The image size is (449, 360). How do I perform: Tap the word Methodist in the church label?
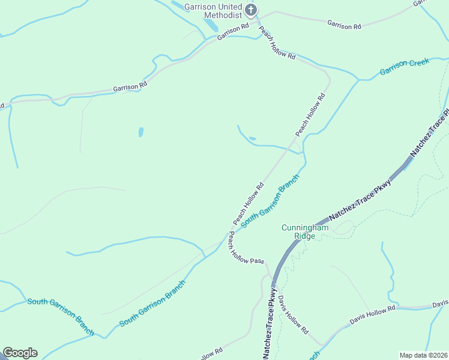coord(223,15)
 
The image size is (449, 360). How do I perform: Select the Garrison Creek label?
coord(405,67)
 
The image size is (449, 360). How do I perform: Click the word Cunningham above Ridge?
coord(306,228)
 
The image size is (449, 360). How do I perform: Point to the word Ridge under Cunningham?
coord(305,236)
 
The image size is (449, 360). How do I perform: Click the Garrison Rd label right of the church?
coord(344,26)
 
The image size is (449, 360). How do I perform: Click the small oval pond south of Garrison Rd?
coord(141,131)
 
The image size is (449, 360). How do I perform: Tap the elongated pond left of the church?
coord(211,25)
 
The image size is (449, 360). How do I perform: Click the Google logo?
coord(20,353)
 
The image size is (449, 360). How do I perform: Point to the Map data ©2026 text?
coord(423,355)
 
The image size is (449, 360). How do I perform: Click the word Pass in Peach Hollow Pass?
coord(257,260)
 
